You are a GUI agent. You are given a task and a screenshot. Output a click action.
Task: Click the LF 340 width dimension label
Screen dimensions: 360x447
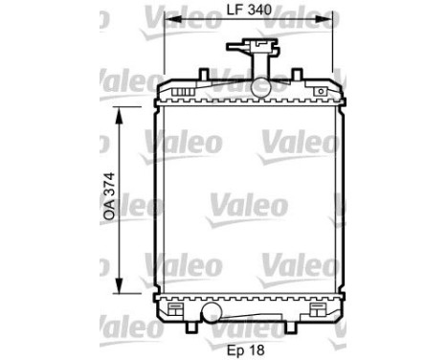[x=249, y=12]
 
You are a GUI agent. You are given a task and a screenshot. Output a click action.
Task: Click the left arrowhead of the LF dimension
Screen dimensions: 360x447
[x=169, y=25]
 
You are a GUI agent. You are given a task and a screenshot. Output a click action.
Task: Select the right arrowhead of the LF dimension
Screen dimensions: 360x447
[x=328, y=25]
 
